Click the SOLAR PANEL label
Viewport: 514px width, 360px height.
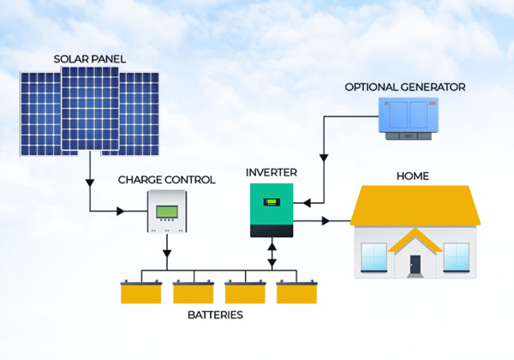tap(89, 59)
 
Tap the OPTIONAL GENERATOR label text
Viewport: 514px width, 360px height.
tap(405, 87)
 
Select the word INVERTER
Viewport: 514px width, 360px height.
tap(272, 172)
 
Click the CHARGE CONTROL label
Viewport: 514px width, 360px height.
tap(166, 180)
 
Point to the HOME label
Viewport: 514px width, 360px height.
tap(413, 176)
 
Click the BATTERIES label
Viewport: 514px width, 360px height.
tap(215, 315)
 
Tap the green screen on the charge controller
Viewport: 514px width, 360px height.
tap(167, 212)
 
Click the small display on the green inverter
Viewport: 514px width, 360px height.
tap(272, 202)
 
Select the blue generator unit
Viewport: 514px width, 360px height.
tap(409, 118)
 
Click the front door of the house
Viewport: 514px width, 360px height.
tap(415, 265)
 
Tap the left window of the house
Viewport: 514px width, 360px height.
tap(374, 257)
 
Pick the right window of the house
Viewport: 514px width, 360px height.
tap(456, 257)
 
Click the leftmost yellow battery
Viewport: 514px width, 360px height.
tap(141, 291)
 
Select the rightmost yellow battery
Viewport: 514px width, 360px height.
tap(296, 291)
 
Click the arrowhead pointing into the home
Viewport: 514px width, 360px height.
tap(326, 221)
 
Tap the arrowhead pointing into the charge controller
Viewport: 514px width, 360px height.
tap(121, 211)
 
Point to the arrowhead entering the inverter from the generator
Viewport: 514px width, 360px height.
tap(307, 203)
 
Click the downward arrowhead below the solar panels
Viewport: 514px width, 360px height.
tap(90, 183)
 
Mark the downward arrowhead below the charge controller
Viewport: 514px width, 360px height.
tap(167, 254)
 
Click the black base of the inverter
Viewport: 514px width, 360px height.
tap(272, 231)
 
